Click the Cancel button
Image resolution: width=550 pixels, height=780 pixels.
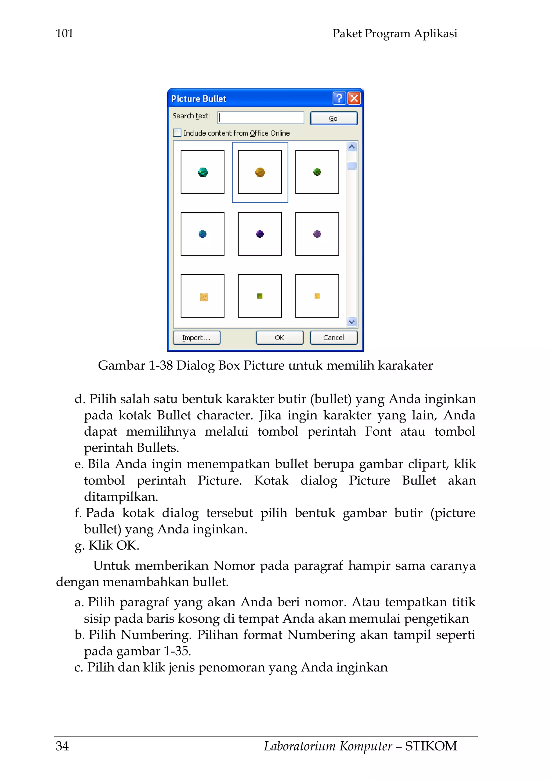[x=334, y=338]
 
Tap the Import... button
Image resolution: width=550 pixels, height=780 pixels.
[x=197, y=338]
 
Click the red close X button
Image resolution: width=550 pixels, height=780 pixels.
[x=354, y=99]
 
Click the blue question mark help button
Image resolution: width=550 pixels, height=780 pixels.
[x=339, y=99]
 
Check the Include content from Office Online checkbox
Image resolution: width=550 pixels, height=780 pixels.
[x=177, y=133]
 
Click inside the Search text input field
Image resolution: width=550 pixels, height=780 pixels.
[x=261, y=118]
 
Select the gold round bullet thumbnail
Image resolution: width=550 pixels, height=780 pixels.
[x=260, y=172]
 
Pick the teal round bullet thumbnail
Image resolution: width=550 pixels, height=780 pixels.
[x=202, y=172]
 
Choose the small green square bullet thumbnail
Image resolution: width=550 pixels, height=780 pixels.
[x=260, y=296]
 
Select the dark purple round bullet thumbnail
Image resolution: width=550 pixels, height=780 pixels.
[x=260, y=234]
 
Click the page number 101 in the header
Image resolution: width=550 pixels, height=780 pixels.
[x=64, y=34]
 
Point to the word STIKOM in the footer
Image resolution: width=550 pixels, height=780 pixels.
[x=431, y=746]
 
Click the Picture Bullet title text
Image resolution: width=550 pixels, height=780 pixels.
[x=198, y=99]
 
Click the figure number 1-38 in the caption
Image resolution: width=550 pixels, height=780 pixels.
[x=161, y=366]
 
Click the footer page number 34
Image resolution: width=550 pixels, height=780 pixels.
[x=63, y=746]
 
